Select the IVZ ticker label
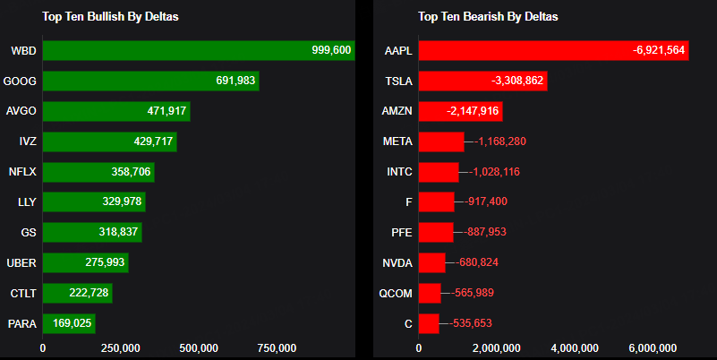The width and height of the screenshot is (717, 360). click(27, 141)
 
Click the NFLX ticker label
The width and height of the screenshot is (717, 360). click(21, 172)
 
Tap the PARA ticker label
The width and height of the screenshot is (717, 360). click(21, 323)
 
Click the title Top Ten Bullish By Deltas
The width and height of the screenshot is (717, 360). click(111, 16)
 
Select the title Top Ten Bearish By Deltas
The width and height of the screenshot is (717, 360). click(489, 16)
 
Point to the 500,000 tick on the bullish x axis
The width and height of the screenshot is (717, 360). click(200, 347)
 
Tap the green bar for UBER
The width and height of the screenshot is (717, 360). click(85, 262)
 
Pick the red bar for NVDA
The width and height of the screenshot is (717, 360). click(431, 262)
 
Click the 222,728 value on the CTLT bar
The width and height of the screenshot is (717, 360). click(87, 293)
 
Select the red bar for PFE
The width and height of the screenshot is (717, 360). click(436, 232)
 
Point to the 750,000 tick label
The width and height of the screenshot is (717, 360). click(277, 347)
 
